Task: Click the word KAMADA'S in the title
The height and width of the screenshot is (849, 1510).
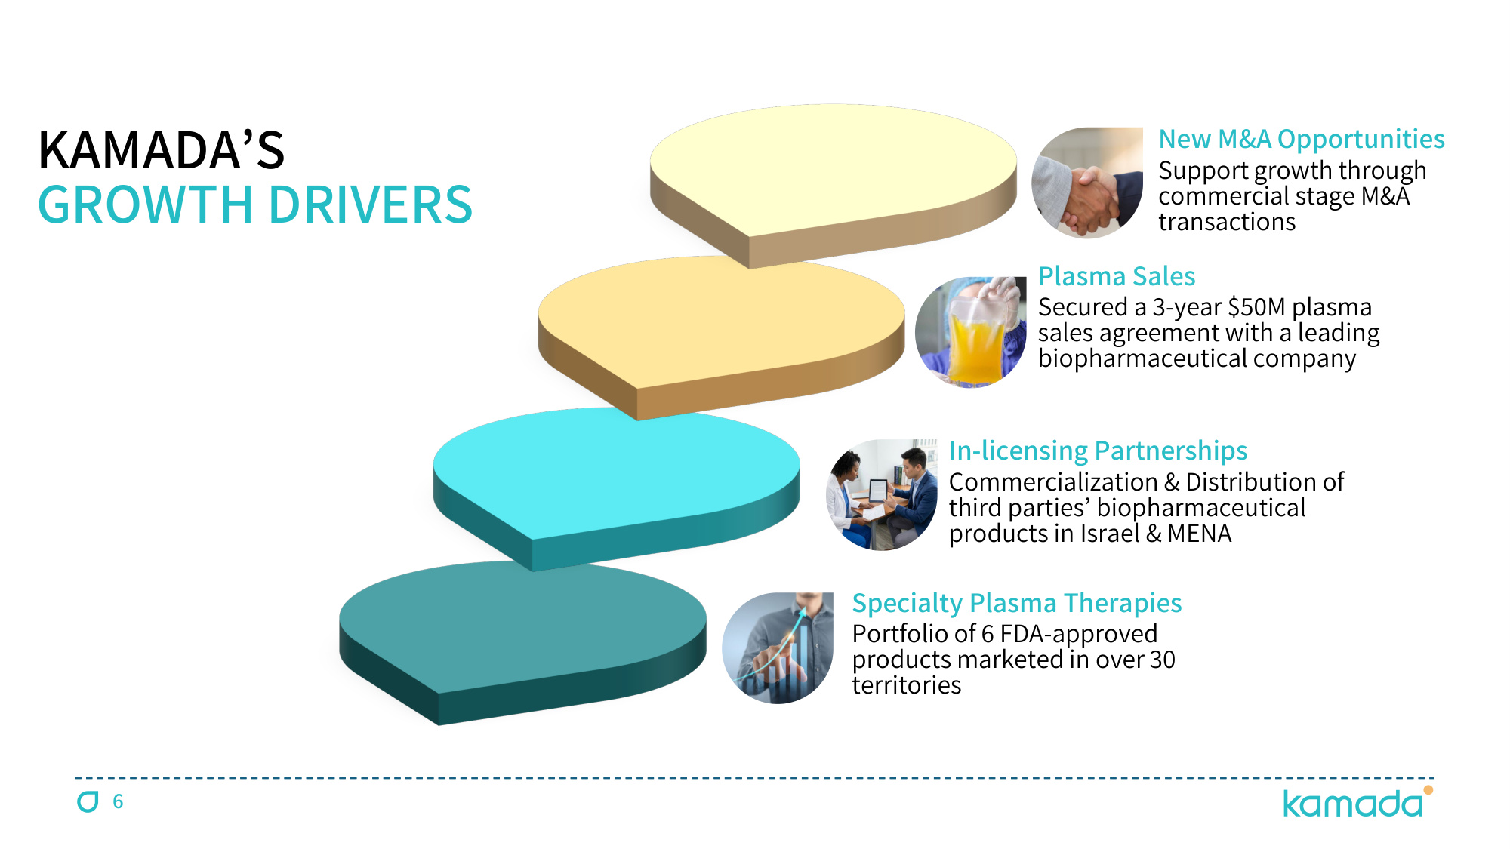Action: [x=162, y=150]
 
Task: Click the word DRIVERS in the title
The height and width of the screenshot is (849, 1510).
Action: [x=371, y=205]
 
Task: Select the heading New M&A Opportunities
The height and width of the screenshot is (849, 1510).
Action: [x=1302, y=140]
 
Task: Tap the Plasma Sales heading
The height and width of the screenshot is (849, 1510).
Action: [x=1117, y=276]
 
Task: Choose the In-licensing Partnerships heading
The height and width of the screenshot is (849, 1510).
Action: [x=1098, y=451]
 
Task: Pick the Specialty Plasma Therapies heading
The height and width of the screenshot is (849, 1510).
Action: [x=1017, y=604]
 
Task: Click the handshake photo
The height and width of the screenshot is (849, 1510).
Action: [x=1087, y=183]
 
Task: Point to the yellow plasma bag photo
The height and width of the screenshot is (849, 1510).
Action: [x=971, y=332]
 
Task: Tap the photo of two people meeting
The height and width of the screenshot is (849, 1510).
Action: [x=882, y=495]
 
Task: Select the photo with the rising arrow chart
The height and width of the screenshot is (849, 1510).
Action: [x=778, y=648]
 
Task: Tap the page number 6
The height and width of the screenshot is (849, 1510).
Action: [x=118, y=801]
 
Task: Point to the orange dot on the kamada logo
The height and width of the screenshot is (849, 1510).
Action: [x=1428, y=790]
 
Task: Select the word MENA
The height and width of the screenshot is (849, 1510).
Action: [x=1199, y=534]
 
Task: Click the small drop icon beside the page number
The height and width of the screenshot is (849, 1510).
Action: [x=88, y=801]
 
